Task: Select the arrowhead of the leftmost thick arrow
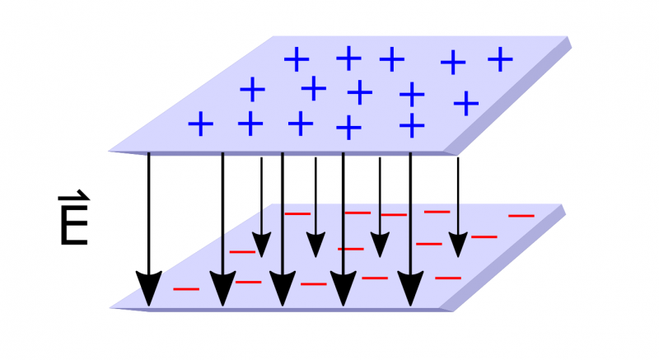pos(149,288)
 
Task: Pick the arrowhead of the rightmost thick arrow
pos(411,288)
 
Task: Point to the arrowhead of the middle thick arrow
pos(283,288)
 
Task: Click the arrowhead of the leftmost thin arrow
pos(261,245)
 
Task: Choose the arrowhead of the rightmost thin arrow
pos(458,245)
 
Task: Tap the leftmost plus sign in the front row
pos(200,125)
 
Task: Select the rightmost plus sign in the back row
pos(500,58)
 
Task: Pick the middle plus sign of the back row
pos(392,58)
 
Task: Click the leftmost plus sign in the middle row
pos(253,88)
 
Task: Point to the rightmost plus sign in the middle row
pos(466,102)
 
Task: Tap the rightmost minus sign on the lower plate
pos(521,216)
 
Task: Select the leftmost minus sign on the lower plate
pos(186,289)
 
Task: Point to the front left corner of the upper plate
pos(110,151)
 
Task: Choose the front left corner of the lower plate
pos(111,307)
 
